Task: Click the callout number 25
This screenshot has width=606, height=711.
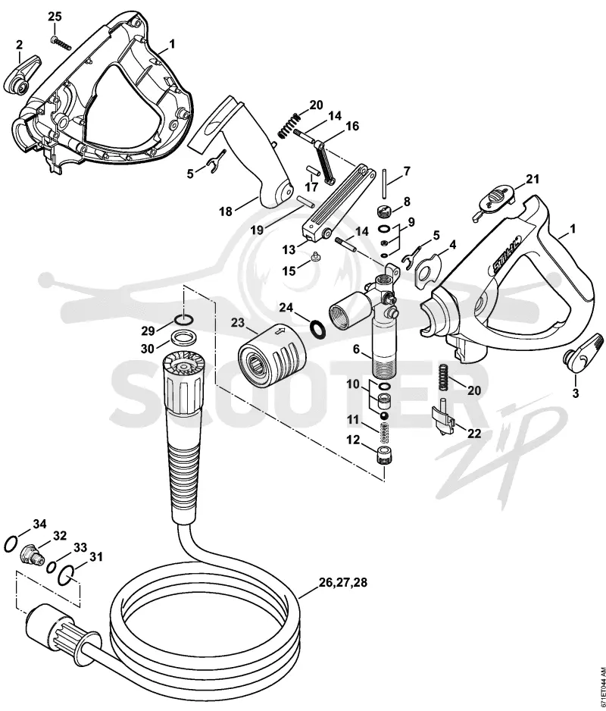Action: pos(55,17)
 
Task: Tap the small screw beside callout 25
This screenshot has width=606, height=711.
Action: pos(61,42)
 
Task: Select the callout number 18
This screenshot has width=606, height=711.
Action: pos(226,211)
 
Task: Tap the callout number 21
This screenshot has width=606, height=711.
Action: pos(533,180)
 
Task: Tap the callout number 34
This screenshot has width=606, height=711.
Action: pos(40,525)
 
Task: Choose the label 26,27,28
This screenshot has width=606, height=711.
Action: pos(343,582)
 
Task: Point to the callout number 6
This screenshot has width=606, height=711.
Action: pos(356,349)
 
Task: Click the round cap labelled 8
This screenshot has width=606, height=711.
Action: pos(384,211)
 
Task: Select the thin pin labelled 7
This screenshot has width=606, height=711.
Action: pos(384,183)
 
